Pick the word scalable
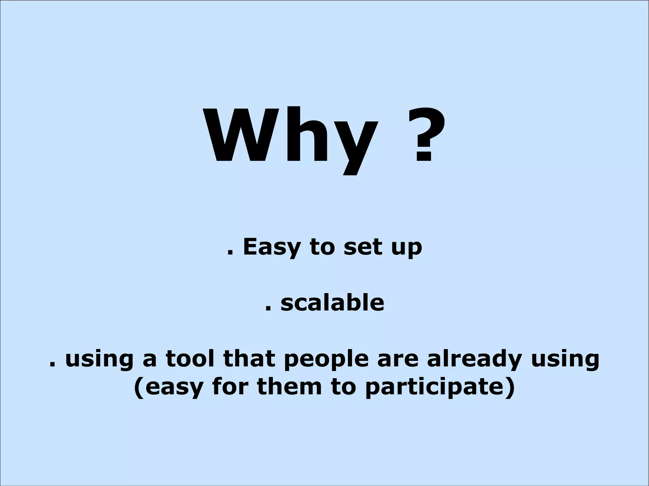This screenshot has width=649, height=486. point(332,302)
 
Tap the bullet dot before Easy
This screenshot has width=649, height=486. point(230,254)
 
